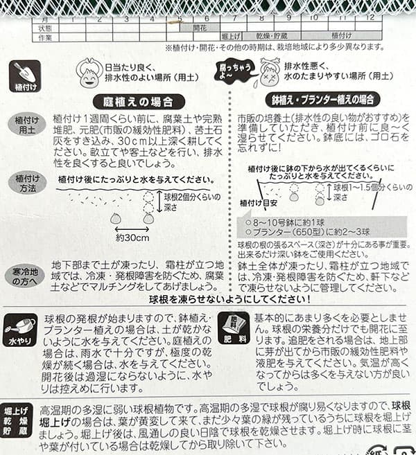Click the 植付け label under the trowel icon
pos(25,88)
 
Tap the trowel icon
pos(25,71)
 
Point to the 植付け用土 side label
pos(25,125)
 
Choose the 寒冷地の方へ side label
pos(25,275)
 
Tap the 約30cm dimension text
pos(132,237)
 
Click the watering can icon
pos(20,324)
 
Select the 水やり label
pos(20,341)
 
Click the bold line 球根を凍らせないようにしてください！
pos(229,299)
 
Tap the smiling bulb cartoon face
pos(89,72)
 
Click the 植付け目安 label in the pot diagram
pos(256,202)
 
